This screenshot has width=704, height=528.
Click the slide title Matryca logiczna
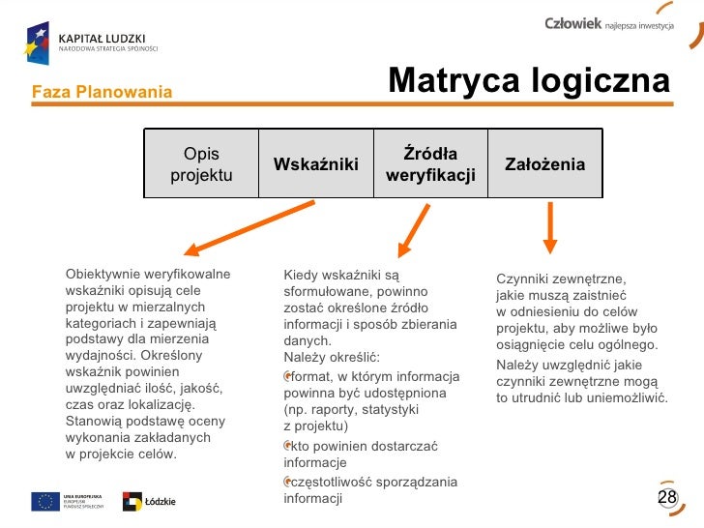coord(528,82)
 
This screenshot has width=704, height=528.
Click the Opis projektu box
coord(201,164)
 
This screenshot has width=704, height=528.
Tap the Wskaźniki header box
coord(316,164)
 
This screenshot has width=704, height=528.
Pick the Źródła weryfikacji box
coord(430,164)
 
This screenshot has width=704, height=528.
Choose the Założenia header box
coord(544,164)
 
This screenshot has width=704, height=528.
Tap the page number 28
coord(667,497)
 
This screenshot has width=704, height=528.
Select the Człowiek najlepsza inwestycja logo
coord(608,24)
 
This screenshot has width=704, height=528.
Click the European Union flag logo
coord(45,501)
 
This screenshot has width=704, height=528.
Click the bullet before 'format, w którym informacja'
coord(287,376)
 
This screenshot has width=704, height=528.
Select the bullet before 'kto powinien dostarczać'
coord(287,446)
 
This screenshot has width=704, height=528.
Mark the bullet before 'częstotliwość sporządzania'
coord(287,482)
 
